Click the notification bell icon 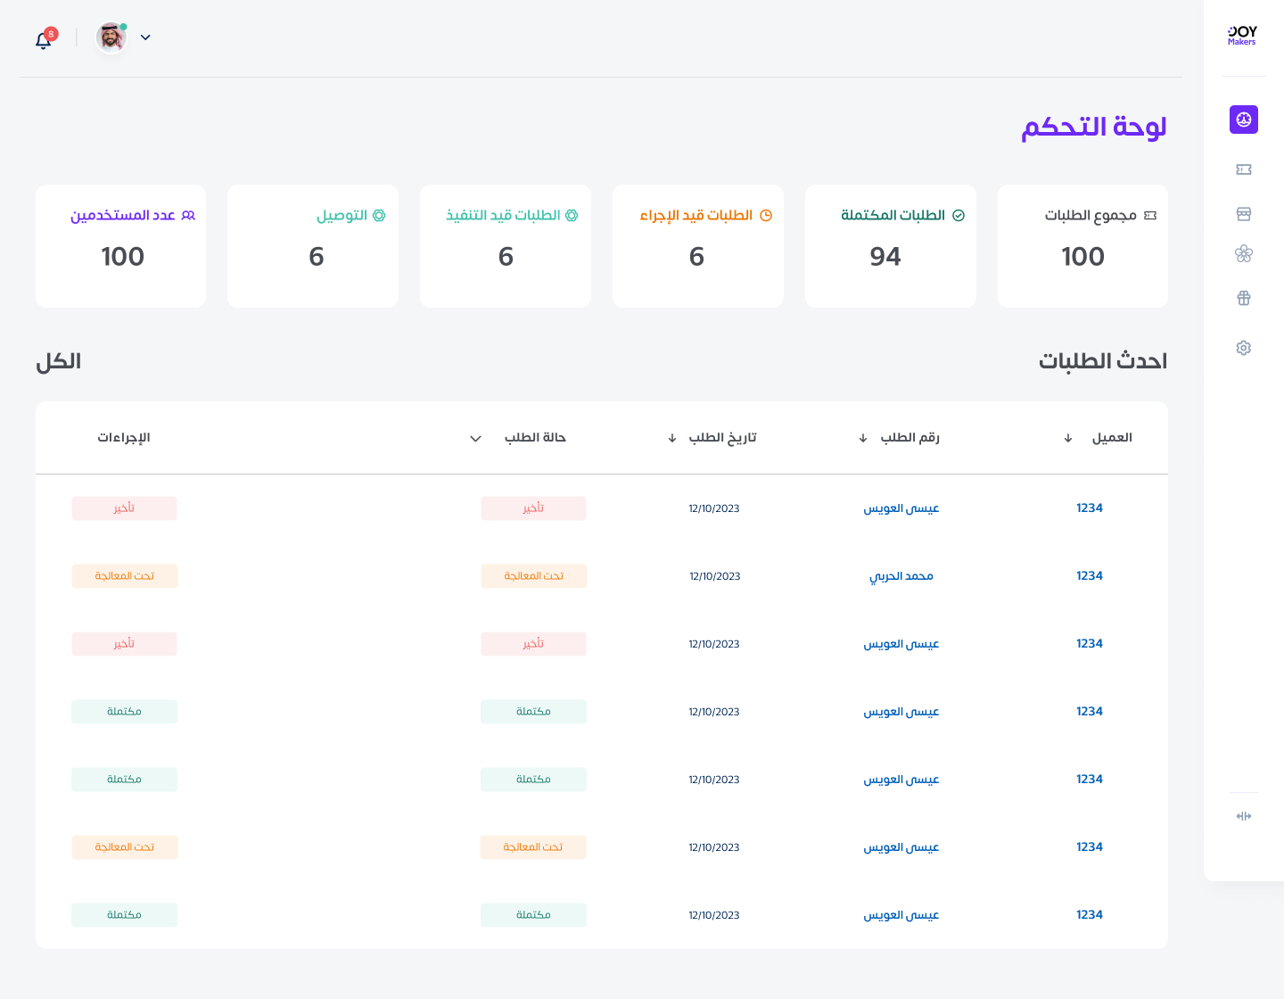(43, 40)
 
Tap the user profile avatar (111, 37)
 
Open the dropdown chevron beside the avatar (145, 37)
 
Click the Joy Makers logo (1242, 36)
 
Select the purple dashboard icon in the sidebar (1243, 120)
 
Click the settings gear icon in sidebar (1243, 348)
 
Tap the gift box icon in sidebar (1243, 298)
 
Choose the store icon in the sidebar (1243, 214)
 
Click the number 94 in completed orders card (885, 257)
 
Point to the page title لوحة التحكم (1093, 127)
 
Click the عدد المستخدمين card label (123, 216)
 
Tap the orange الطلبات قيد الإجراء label (696, 216)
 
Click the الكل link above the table (59, 361)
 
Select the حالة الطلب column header (535, 438)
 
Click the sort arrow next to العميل (1067, 438)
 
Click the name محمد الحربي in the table (901, 576)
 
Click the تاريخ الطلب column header (722, 438)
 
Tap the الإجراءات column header (124, 438)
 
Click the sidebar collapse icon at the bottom (1243, 816)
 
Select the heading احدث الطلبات (1102, 361)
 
